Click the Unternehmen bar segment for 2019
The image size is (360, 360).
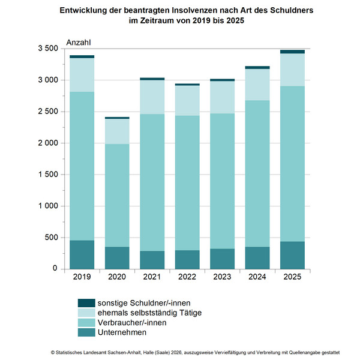(x=82, y=254)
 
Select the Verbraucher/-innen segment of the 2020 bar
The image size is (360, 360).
(x=116, y=195)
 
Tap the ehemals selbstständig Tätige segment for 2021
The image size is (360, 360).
(x=152, y=97)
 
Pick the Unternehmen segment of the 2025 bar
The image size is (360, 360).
(x=292, y=255)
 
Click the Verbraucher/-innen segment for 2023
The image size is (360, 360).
(x=222, y=181)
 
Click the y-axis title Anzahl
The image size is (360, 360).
(x=78, y=41)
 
